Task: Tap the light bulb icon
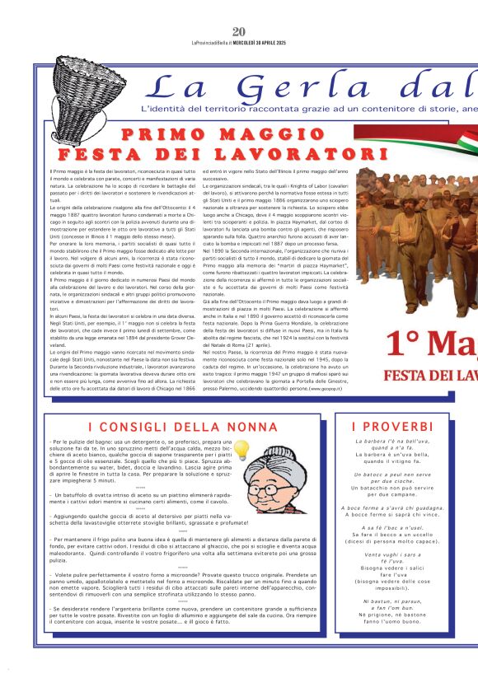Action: [241, 449]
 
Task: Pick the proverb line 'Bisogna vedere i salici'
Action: [391, 568]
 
